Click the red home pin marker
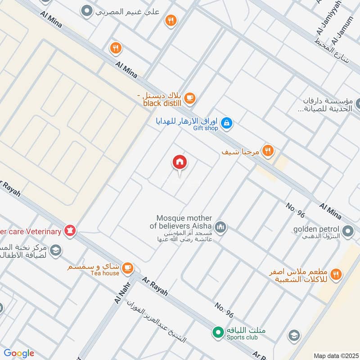pos(180,162)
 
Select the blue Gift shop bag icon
pos(227,122)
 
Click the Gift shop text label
pos(206,128)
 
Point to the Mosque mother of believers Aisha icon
pos(220,226)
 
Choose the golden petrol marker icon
pos(348,232)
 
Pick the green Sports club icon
pos(218,333)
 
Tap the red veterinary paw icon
pos(70,231)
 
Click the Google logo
pos(19,353)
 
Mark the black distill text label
pos(162,103)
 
